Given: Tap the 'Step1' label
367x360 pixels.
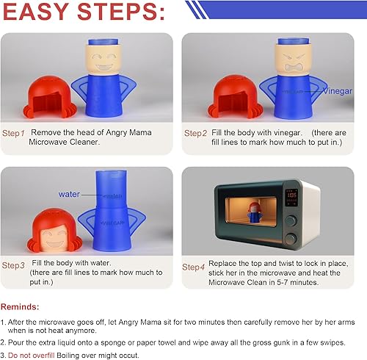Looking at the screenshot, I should [x=14, y=134].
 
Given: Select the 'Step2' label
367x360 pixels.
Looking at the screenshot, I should [x=195, y=134].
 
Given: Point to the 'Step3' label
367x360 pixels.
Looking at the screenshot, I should [x=14, y=265].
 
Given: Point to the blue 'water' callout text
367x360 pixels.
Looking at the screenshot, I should [x=69, y=194].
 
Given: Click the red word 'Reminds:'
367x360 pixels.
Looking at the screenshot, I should [x=21, y=306].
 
